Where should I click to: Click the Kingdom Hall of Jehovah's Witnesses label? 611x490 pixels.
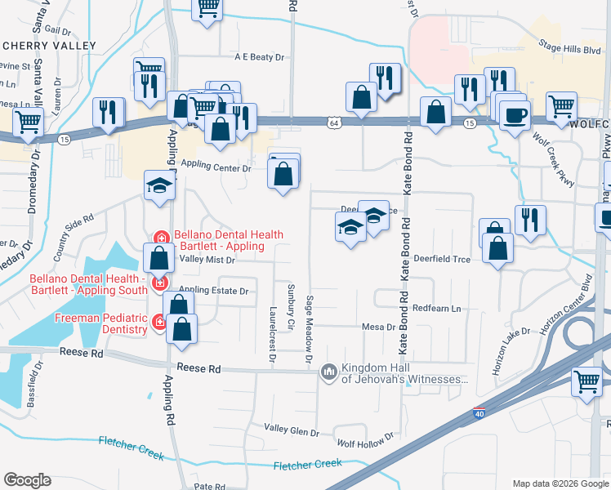coord(404,373)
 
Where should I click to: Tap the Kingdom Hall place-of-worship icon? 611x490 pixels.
coord(329,372)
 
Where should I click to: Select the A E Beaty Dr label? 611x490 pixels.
coord(259,57)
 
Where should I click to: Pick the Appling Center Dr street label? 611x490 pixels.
coord(216,168)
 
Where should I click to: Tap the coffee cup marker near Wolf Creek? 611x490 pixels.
coord(514,115)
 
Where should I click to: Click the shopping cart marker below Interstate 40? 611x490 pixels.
coord(588,381)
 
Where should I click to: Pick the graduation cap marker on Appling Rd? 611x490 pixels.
coord(159,185)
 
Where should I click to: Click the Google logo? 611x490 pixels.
coord(28,479)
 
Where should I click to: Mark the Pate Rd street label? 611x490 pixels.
coord(209,486)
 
